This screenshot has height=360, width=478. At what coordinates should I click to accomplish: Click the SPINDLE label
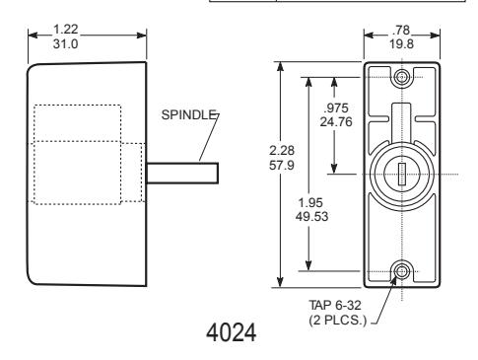coord(188,114)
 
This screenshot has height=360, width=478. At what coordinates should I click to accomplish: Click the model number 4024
coord(232,332)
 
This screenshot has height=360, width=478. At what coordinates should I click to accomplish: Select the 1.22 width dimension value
coord(66,30)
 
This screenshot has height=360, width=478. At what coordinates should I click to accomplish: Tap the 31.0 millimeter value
coord(66,43)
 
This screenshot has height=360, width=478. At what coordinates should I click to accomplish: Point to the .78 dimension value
coord(401,31)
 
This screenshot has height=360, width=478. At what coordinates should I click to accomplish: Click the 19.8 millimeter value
coord(401,43)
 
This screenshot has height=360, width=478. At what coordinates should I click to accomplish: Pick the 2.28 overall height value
coord(282,151)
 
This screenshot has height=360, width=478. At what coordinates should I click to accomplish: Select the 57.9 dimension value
coord(282,165)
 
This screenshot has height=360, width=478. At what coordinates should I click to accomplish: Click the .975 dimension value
coord(336,108)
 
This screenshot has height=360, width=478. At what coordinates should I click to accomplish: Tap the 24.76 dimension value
coord(336,122)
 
